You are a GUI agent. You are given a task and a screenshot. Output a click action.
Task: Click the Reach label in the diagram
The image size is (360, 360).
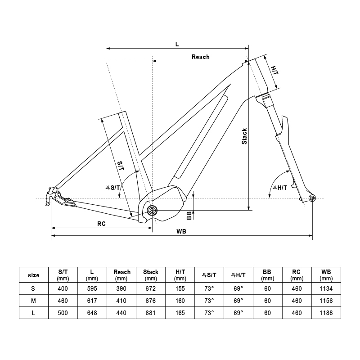coord(201,57)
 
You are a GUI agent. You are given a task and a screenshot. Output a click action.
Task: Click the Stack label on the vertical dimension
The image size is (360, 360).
coord(244,136)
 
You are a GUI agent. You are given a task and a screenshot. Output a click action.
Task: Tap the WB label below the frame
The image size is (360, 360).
coord(182,231)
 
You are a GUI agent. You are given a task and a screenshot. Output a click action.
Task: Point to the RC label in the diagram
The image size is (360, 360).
coord(101,224)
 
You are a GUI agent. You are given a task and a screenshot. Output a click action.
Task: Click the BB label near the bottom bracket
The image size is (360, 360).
coord(189,215)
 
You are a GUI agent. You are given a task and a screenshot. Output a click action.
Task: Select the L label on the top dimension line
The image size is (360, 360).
coord(177,44)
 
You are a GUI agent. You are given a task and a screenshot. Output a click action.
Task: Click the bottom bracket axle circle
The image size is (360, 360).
coord(152,210)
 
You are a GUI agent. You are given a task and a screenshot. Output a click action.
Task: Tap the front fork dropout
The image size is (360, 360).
coord(311,198)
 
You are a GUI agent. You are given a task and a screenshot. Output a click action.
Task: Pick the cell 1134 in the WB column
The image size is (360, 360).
coord(326,288)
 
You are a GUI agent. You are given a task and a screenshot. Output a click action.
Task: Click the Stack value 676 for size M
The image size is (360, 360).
coord(151,300)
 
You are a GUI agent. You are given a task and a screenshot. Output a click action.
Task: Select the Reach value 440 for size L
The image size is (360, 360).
coord(121,313)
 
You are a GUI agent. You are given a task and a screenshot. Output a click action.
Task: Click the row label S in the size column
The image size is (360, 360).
coord(34,288)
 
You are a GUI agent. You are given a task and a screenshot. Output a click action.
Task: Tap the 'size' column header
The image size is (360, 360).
coord(34,275)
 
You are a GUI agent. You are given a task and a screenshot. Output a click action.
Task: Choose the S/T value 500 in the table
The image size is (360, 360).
coord(63,313)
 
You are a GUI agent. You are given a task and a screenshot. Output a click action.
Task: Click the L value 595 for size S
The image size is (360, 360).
coord(92,288)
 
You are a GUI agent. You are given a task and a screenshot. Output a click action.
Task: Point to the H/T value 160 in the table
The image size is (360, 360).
coord(180,300)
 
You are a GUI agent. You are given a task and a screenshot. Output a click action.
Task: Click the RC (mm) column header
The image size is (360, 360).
coord(297,275)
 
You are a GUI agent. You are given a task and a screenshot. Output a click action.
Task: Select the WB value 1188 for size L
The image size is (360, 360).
coord(326,313)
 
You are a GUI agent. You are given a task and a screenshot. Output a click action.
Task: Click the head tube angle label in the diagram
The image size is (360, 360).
coord(279,188)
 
